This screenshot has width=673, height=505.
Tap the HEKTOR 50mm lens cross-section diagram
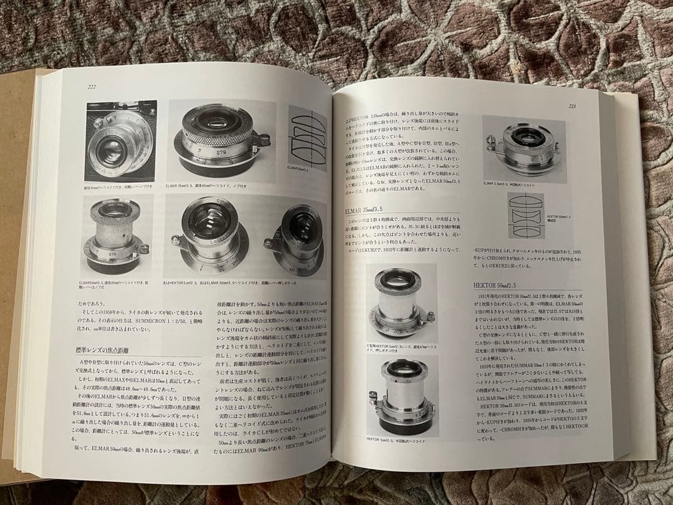click(x=525, y=215)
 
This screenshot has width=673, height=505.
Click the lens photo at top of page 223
click(x=523, y=150)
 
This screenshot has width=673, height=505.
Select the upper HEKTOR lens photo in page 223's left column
click(x=402, y=300)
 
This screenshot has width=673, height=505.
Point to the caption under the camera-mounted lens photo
click(x=118, y=187)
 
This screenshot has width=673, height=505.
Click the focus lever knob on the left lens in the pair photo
click(x=176, y=239)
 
